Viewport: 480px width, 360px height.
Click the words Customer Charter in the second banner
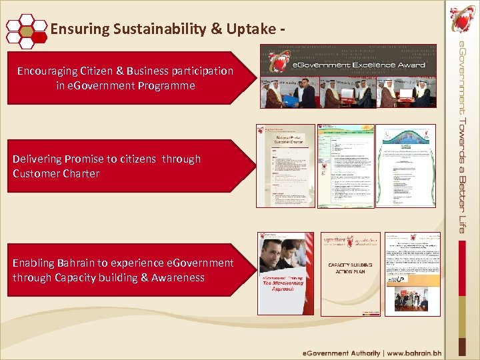(56, 173)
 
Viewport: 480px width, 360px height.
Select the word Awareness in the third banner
(177, 277)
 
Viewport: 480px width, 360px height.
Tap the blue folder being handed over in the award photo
(291, 98)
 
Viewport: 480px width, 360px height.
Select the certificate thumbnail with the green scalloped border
(405, 165)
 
